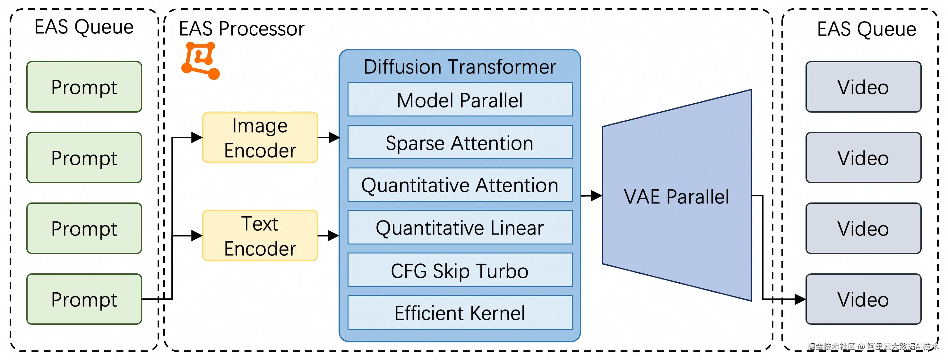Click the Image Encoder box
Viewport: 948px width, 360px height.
click(260, 137)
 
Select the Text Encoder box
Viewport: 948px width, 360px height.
click(260, 236)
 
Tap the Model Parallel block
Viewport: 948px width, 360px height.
click(460, 99)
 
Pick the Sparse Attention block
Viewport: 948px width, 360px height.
click(460, 142)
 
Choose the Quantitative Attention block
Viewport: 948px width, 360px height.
click(460, 185)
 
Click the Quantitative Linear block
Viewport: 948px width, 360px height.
click(460, 227)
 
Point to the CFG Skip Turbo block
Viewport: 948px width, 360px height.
click(460, 270)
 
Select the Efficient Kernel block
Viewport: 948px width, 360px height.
click(460, 313)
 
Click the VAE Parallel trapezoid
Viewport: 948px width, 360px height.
click(677, 195)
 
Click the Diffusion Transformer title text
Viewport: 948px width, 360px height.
click(460, 67)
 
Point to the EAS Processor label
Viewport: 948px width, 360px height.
click(241, 29)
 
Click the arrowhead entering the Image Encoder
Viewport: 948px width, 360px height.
click(197, 137)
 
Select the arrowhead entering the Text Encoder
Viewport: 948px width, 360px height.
click(197, 236)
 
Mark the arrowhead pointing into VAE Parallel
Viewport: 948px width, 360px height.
click(596, 195)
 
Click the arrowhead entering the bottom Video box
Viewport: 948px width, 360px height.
click(800, 299)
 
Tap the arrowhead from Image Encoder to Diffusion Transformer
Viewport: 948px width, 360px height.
click(334, 137)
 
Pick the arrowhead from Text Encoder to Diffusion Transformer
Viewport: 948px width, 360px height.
click(333, 236)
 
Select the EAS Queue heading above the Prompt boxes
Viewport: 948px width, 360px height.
click(84, 27)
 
